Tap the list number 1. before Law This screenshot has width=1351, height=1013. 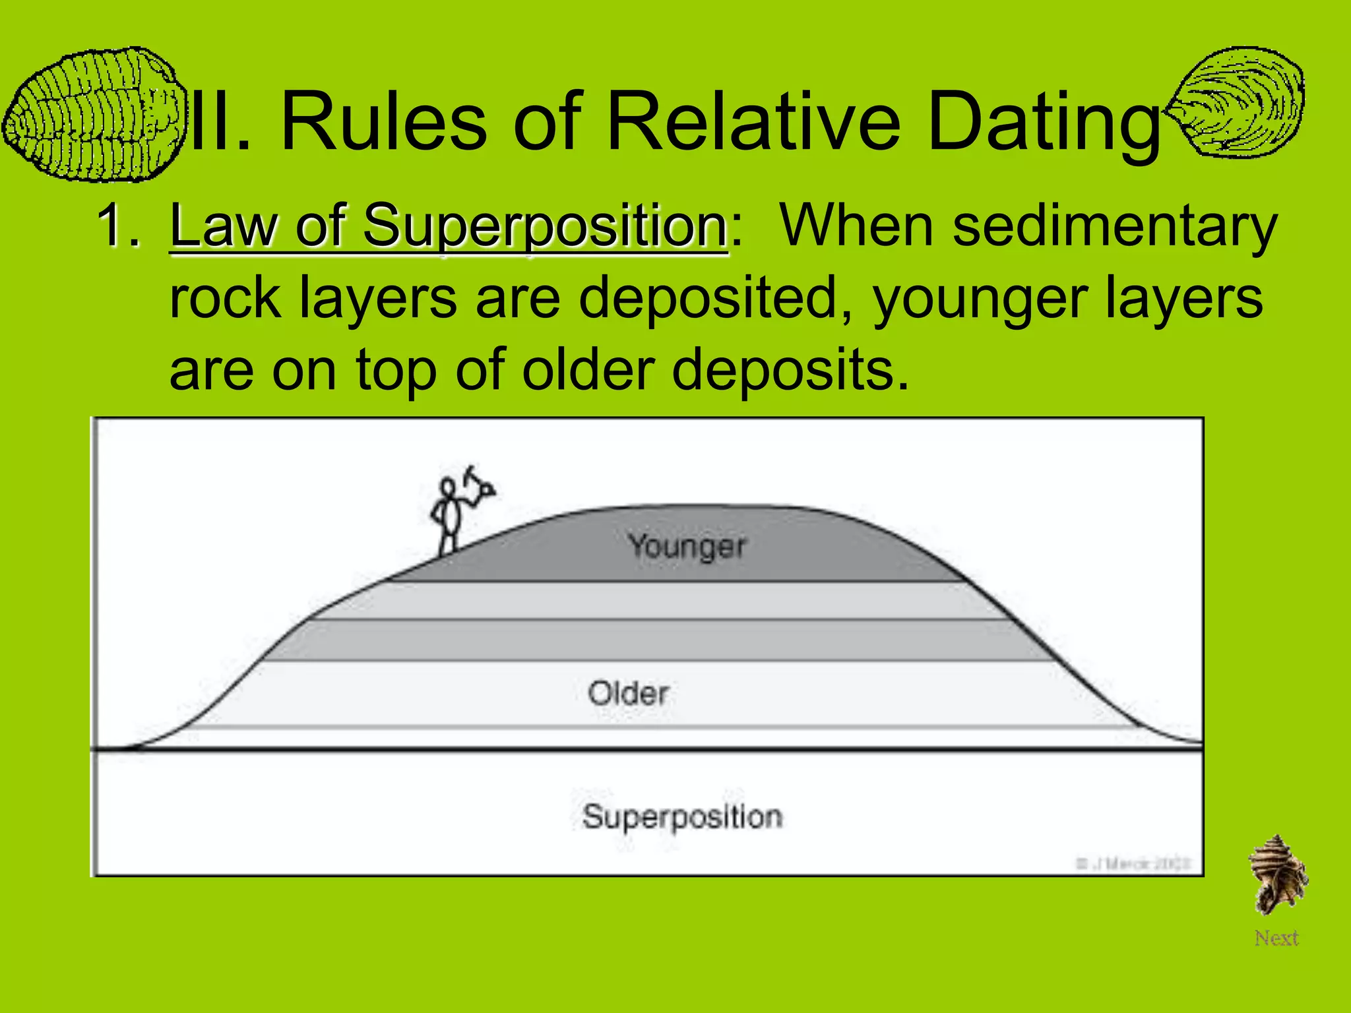point(119,226)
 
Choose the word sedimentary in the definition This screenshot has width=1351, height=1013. point(1115,226)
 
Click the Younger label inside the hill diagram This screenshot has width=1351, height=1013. point(687,546)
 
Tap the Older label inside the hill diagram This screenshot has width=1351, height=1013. point(628,693)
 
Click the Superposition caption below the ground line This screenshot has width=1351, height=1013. point(682,816)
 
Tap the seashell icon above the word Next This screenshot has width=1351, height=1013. point(1277,875)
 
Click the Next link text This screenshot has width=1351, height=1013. point(1276,938)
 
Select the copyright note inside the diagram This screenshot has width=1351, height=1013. point(1133,863)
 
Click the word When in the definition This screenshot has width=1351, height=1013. point(858,226)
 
